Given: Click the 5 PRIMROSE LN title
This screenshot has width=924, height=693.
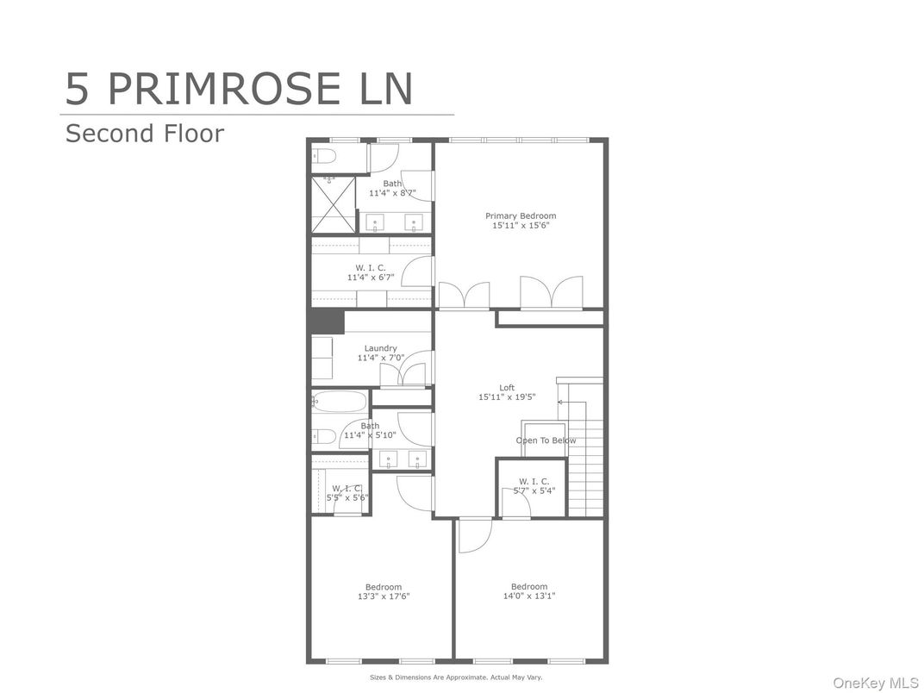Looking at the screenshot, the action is [x=239, y=89].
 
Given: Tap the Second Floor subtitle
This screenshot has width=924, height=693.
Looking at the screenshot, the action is [x=145, y=134].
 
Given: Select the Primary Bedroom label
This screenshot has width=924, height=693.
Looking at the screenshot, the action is [x=521, y=215].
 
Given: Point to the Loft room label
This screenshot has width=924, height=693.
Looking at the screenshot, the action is [x=507, y=387].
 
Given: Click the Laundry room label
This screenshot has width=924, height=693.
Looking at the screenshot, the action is [x=380, y=348].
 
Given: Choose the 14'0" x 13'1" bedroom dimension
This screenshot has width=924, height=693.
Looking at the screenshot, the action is [x=528, y=596].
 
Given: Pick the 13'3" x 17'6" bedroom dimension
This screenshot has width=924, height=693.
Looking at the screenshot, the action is [x=383, y=596].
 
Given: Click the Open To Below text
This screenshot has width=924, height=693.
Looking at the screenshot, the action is [x=546, y=440].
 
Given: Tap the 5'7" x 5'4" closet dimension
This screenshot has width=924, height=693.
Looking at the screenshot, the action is [x=534, y=490].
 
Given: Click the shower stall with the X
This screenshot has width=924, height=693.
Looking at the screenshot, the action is [x=334, y=204].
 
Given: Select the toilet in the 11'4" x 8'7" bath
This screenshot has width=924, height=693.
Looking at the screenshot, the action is [x=323, y=156].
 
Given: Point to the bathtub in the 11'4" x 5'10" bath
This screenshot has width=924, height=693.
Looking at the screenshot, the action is [x=339, y=402].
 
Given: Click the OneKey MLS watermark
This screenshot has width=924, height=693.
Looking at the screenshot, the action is [x=875, y=683].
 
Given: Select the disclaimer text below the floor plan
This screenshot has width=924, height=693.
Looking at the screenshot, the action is [x=455, y=677].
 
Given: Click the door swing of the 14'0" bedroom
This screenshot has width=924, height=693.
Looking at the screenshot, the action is [x=475, y=535].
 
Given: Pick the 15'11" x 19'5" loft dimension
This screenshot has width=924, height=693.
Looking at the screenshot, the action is [x=507, y=397].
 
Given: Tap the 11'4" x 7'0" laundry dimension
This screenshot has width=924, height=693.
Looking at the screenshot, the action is [x=381, y=358].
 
